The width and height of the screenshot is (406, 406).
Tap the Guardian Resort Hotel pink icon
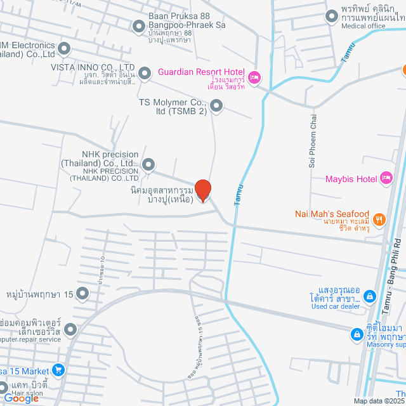tap(254, 78)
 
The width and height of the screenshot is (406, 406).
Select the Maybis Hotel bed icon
tap(386, 179)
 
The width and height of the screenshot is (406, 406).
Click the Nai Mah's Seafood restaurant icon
tap(379, 219)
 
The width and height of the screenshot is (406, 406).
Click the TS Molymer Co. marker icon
tap(217, 107)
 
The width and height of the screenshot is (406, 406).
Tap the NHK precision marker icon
tap(148, 166)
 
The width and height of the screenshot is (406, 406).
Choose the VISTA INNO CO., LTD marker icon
tap(145, 74)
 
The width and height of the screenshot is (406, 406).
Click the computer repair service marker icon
tap(70, 330)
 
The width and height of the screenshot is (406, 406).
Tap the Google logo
tap(21, 398)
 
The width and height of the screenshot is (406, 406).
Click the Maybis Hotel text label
tap(351, 179)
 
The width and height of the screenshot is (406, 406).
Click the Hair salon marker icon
tap(4, 387)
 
